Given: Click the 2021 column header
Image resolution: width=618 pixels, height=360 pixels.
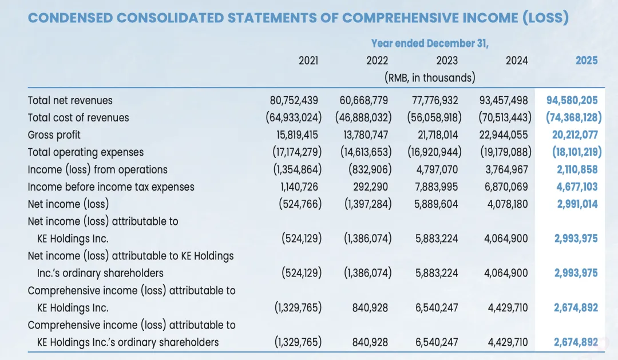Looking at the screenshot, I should [308, 61].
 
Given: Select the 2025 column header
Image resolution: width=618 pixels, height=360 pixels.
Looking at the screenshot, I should [587, 61].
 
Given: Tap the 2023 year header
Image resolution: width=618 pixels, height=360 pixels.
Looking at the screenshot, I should [447, 61].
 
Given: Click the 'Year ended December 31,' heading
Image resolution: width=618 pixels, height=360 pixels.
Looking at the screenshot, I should [430, 43].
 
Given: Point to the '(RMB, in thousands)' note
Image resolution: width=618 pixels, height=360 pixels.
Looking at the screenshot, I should [430, 77].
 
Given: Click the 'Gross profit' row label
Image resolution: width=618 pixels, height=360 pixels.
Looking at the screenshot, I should [54, 135].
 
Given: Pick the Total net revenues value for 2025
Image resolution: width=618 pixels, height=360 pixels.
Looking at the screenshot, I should [572, 100].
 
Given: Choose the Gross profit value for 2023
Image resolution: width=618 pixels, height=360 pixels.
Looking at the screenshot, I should [435, 135].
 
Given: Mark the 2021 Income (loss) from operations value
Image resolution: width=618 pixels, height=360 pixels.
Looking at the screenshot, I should [295, 169].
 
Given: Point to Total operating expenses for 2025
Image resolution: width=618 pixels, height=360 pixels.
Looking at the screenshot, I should [576, 152].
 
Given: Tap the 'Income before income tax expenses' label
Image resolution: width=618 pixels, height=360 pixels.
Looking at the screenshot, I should [111, 187].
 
